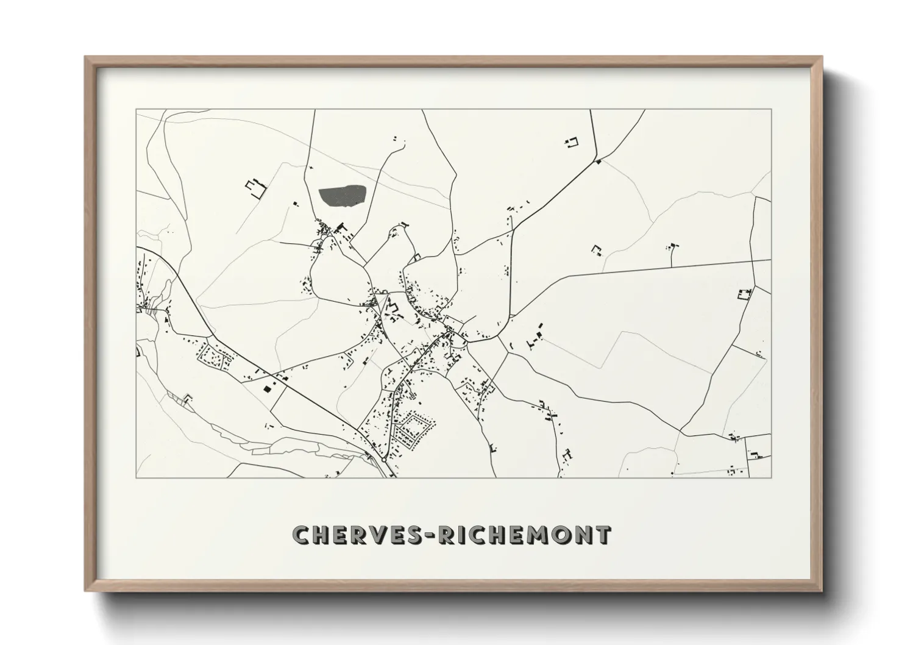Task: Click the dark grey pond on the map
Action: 343,197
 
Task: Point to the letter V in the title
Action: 389,534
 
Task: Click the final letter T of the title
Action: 603,534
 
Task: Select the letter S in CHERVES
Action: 424,534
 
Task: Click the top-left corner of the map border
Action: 136,110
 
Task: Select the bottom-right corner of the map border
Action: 771,477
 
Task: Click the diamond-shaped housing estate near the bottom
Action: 413,429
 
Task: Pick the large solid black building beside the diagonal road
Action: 266,387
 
